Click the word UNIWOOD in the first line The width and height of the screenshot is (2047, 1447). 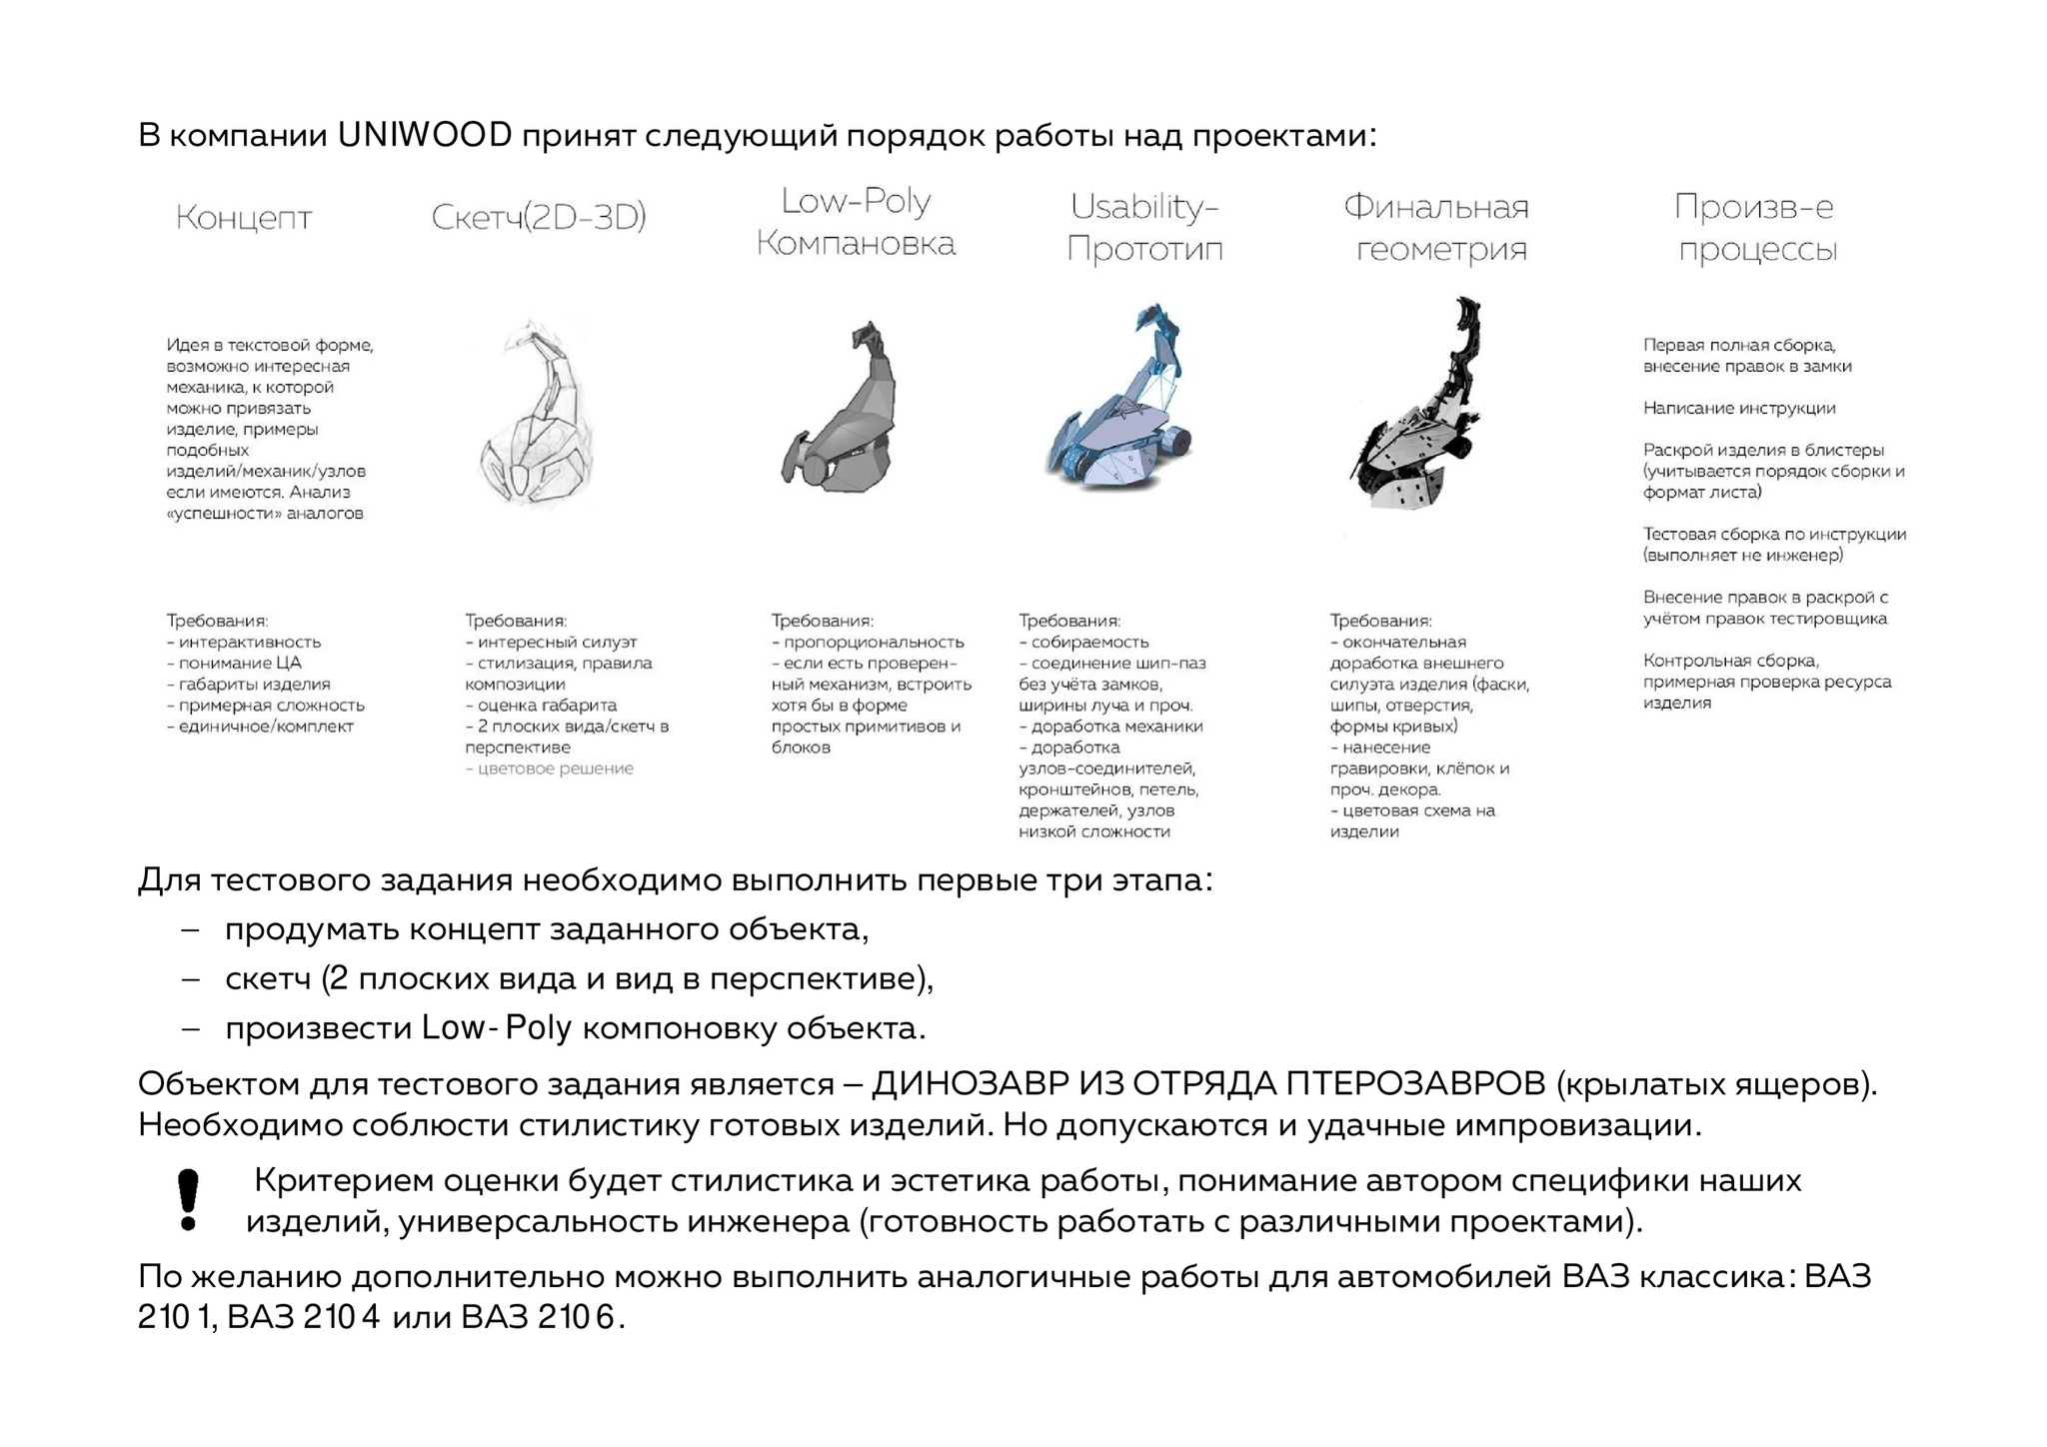[x=425, y=135]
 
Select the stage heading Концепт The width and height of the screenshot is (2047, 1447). [x=244, y=218]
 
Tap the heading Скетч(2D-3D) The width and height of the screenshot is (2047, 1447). [x=539, y=217]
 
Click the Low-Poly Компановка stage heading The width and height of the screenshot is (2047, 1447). [x=856, y=222]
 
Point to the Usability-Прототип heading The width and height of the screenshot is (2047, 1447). [x=1144, y=228]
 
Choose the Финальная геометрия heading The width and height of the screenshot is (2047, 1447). [x=1436, y=228]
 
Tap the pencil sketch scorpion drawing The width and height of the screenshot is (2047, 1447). [x=538, y=415]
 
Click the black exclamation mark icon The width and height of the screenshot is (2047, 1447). [x=188, y=1199]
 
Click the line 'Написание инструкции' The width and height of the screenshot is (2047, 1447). [x=1739, y=408]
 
